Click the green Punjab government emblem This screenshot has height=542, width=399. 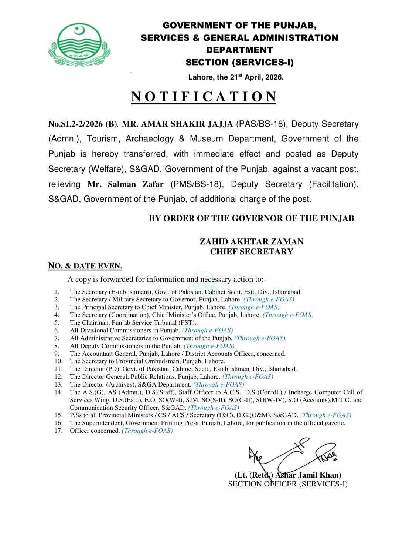coord(79,45)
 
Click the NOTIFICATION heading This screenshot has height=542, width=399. coord(204,97)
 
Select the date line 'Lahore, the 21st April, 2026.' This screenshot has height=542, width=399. coord(236,77)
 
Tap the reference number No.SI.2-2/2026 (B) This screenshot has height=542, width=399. coord(83,124)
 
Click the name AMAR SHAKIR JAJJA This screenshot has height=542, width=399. coord(177,124)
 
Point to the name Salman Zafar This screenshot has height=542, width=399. coord(125,184)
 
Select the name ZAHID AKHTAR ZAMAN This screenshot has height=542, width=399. coord(252,242)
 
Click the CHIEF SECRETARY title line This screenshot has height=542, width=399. coord(252,252)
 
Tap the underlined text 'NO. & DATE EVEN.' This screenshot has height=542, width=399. coord(85,266)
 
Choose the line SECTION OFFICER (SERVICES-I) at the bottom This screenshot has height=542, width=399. coord(288,484)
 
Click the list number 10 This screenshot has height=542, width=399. coord(58,361)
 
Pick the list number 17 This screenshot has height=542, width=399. coord(58,431)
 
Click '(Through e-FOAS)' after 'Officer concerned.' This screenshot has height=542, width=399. coord(147,431)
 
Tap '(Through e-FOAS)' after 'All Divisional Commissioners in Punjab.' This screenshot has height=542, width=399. coord(207,331)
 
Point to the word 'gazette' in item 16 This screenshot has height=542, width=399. coord(334,423)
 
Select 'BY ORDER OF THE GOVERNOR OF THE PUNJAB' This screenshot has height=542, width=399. coord(251,218)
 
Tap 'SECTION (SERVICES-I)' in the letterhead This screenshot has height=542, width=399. coord(239,62)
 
